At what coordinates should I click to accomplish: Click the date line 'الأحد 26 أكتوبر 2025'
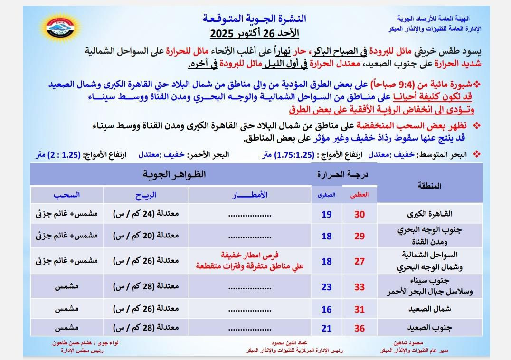[x=255, y=34]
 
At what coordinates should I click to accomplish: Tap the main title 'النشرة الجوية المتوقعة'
[x=255, y=19]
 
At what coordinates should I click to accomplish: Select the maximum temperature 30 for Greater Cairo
[x=360, y=214]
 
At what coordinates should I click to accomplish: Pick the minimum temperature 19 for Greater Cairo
[x=326, y=214]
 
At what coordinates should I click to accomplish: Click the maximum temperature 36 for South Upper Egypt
[x=360, y=328]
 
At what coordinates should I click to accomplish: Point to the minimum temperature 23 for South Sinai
[x=326, y=287]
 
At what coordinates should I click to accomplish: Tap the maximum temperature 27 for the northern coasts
[x=360, y=262]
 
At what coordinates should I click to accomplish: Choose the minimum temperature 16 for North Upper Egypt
[x=326, y=309]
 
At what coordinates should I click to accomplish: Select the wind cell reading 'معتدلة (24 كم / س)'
[x=146, y=214]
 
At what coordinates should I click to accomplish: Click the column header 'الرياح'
[x=146, y=195]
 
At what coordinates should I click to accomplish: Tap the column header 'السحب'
[x=67, y=195]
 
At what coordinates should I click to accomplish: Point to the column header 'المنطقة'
[x=429, y=186]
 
